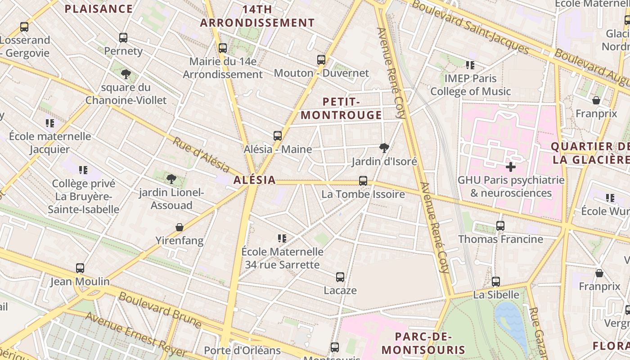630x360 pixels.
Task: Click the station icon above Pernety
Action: pos(123,38)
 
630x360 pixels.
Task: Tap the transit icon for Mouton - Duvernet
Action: pos(321,59)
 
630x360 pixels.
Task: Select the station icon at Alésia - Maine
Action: pos(278,135)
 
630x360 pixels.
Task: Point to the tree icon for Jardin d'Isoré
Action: pos(384,148)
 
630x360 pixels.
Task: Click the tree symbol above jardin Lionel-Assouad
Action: pos(171,179)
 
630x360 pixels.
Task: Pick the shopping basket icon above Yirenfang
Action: pos(180,227)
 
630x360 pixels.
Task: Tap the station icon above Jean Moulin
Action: pos(80,268)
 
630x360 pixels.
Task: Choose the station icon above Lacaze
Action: pos(340,277)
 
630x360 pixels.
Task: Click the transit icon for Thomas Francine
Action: pos(500,226)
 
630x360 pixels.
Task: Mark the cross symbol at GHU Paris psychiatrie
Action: pos(511,167)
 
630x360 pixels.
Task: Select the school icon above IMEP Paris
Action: pos(470,65)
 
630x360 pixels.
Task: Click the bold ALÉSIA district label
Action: pos(255,180)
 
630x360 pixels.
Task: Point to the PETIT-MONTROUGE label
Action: pos(341,108)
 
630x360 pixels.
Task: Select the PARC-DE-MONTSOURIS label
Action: pos(423,343)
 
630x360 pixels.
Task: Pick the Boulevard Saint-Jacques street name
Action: pos(470,26)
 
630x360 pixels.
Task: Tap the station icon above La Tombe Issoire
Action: pos(363,181)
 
